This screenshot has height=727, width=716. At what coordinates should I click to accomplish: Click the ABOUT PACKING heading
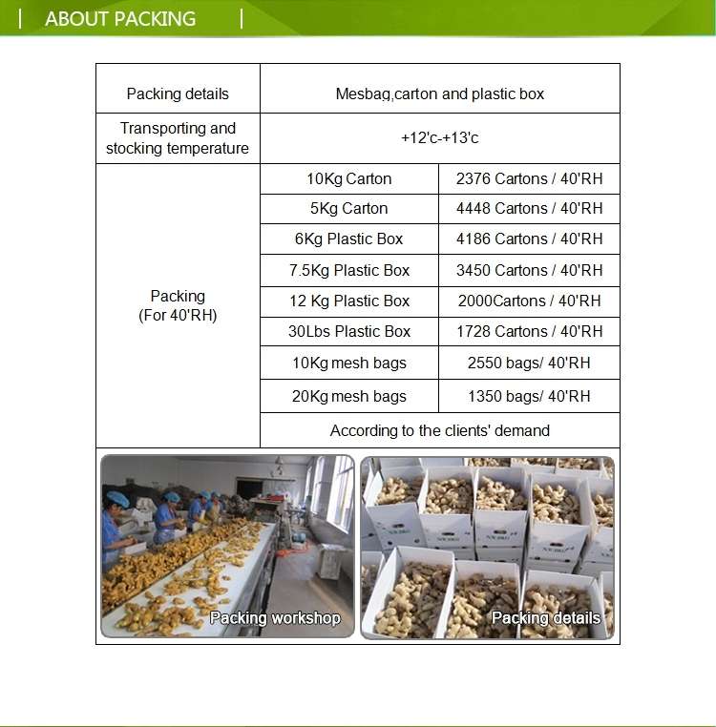[x=120, y=18]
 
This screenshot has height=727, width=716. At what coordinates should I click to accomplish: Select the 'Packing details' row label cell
[x=178, y=93]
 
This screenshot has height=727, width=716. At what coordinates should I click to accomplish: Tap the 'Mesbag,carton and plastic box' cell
[x=439, y=93]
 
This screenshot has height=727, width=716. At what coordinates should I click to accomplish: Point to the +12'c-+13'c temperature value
[x=439, y=138]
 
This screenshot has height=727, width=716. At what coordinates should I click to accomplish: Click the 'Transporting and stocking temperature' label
[x=178, y=138]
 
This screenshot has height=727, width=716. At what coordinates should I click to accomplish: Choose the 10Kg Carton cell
[x=348, y=178]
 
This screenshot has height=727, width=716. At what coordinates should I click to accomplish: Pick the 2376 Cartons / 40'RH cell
[x=529, y=178]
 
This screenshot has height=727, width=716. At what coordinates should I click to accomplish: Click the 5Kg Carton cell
[x=348, y=208]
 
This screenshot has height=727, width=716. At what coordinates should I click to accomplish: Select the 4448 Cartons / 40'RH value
[x=529, y=208]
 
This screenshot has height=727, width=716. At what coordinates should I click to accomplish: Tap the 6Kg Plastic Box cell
[x=348, y=239]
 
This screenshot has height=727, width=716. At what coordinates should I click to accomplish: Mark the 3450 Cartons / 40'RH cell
[x=529, y=270]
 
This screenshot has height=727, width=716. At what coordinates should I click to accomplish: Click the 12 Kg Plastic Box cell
[x=348, y=301]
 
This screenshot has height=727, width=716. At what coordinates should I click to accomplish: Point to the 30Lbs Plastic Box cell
[x=348, y=331]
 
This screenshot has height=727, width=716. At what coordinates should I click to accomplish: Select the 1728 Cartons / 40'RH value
[x=529, y=331]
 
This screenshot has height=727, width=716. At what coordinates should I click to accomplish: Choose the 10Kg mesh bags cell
[x=348, y=363]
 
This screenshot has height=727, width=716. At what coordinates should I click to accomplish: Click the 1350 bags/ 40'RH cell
[x=529, y=396]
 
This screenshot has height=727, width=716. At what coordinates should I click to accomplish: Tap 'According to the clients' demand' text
[x=439, y=430]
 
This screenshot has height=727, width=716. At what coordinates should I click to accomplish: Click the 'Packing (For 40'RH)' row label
[x=178, y=305]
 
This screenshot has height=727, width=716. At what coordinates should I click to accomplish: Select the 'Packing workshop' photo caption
[x=275, y=618]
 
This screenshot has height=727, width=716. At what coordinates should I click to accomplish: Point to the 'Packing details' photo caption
[x=545, y=618]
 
